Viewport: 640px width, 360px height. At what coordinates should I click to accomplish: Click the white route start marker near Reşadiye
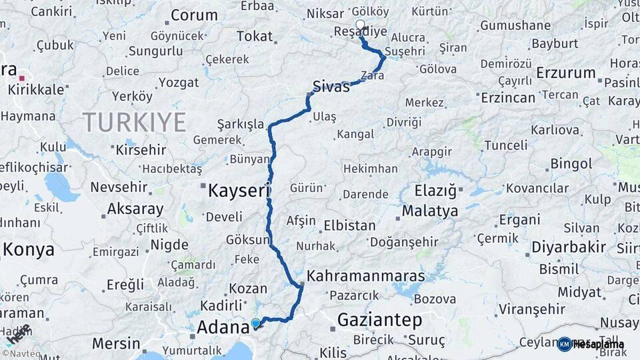coord(361,26)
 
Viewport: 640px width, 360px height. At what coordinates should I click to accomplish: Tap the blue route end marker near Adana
coord(255,324)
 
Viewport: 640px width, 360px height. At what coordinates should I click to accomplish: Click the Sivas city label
coord(331,85)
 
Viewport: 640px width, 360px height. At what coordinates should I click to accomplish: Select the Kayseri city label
coord(239,191)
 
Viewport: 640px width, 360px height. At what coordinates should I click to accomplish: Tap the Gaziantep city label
coord(379,320)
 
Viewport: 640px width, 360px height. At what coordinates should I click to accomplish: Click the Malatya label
coord(430,211)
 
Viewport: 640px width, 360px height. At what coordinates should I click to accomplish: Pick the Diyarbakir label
coord(569,247)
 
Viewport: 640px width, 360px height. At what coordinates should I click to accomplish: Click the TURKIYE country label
coord(134,123)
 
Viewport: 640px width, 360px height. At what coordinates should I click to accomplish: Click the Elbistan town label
coord(349,225)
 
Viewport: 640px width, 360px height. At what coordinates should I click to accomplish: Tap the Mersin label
coord(116,344)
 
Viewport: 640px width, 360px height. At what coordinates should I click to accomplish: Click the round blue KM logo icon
coord(565,344)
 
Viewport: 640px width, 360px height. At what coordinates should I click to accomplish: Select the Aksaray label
coord(135,209)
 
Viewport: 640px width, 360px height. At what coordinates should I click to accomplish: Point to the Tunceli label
coord(505,145)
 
